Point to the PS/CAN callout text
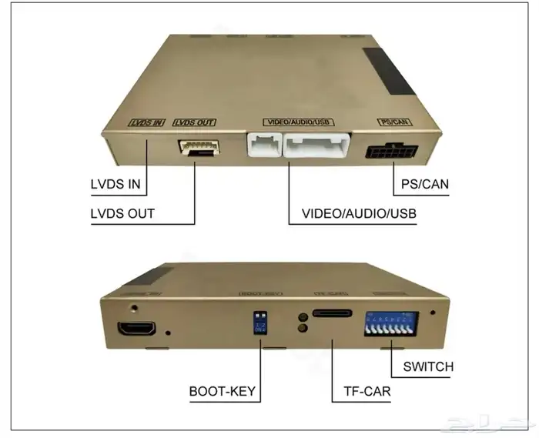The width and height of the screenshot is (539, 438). pos(424,185)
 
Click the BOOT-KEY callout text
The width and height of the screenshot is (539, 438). pos(223,391)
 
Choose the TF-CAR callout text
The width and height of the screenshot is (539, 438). pos(361,391)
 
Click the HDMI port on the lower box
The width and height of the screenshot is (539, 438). pos(136,329)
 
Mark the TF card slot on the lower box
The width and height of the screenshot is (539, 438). pos(332,313)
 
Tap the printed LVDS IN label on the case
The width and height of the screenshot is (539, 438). pos(146,122)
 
